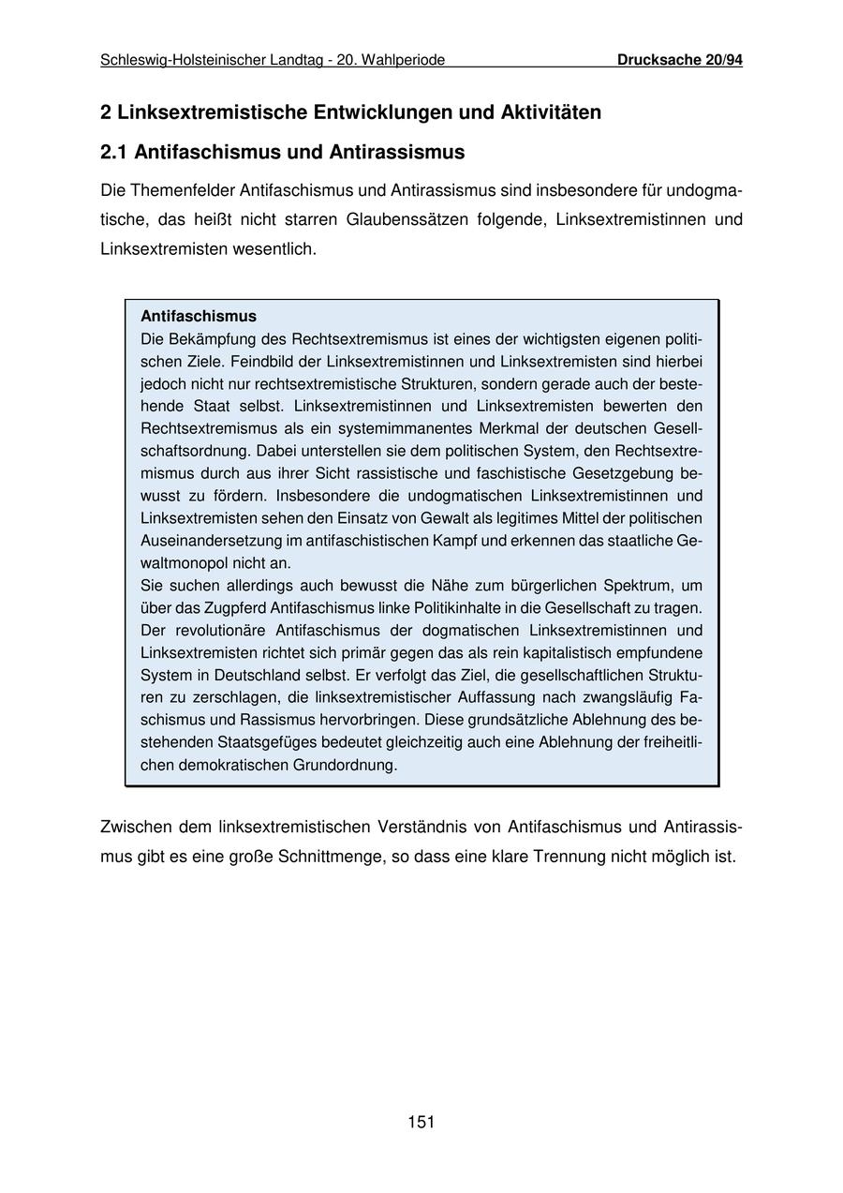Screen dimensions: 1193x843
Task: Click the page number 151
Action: pyautogui.click(x=421, y=1122)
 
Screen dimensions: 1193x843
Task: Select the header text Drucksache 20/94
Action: pyautogui.click(x=679, y=60)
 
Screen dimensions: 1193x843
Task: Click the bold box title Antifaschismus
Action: pyautogui.click(x=198, y=317)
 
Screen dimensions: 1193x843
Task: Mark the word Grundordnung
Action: pyautogui.click(x=345, y=765)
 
